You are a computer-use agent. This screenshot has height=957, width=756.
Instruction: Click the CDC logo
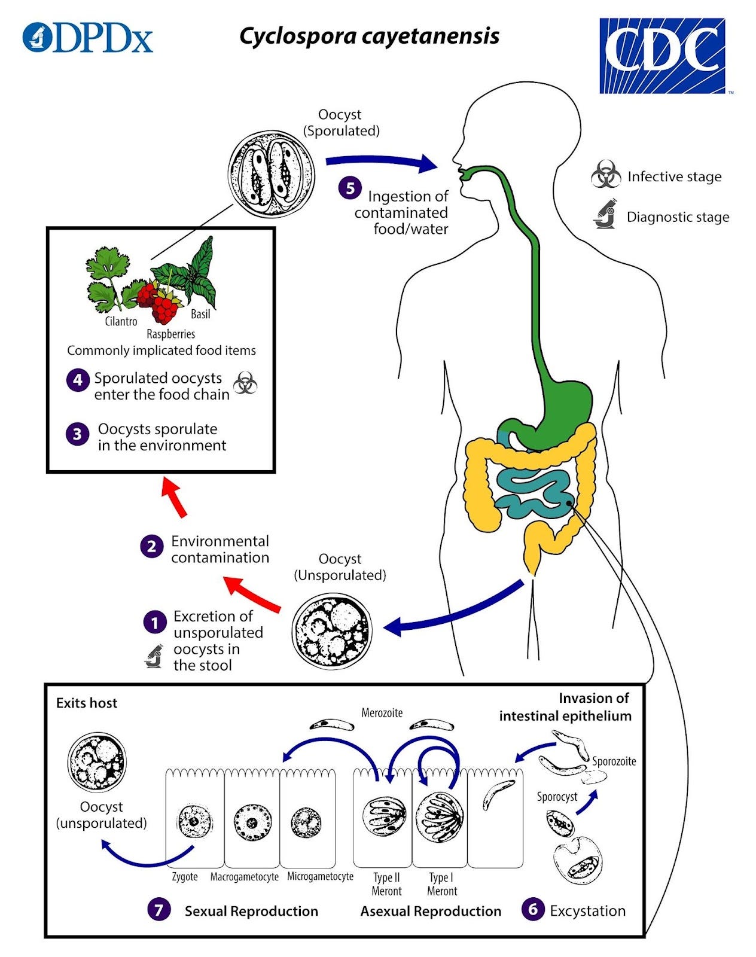point(662,56)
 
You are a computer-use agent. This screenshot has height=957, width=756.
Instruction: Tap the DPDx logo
point(87,38)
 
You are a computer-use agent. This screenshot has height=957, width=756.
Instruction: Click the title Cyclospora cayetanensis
point(369,36)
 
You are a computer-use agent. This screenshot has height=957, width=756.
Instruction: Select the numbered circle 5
point(350,188)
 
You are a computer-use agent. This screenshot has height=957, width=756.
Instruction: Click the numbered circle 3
point(77,434)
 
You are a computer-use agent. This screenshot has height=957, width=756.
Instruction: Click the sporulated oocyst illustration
point(272,174)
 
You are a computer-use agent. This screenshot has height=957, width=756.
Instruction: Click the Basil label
point(200,314)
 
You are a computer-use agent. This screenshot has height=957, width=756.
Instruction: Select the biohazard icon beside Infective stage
point(606,174)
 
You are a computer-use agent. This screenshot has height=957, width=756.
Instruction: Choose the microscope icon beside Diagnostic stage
point(606,214)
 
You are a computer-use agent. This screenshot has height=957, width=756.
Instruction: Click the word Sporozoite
point(614,761)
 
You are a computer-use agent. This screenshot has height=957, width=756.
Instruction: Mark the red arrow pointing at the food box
point(174,496)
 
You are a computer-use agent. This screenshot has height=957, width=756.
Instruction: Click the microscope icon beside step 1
point(154,656)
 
